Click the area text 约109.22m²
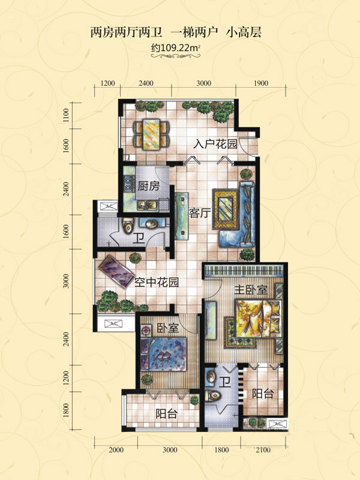click(176, 48)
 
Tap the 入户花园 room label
click(215, 144)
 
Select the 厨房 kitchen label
click(148, 186)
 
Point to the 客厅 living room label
click(200, 213)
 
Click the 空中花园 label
click(157, 282)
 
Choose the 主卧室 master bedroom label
click(251, 289)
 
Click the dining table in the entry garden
click(151, 135)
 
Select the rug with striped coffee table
click(226, 209)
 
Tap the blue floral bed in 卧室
click(163, 354)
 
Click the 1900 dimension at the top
click(261, 83)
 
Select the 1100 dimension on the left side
click(67, 116)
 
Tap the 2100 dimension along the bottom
click(263, 449)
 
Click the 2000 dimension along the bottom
click(116, 449)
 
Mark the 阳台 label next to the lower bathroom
click(263, 394)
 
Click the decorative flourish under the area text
click(176, 56)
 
